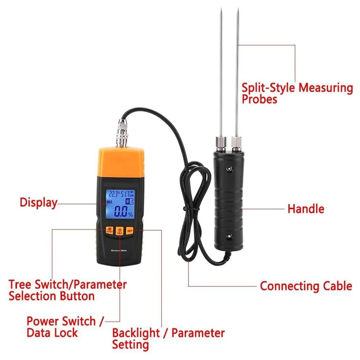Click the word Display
[38, 202]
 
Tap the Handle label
[306, 209]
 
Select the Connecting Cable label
[306, 286]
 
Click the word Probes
[260, 99]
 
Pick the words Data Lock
[52, 333]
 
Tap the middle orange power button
[119, 231]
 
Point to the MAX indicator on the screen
[110, 202]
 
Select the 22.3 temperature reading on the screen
[112, 194]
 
